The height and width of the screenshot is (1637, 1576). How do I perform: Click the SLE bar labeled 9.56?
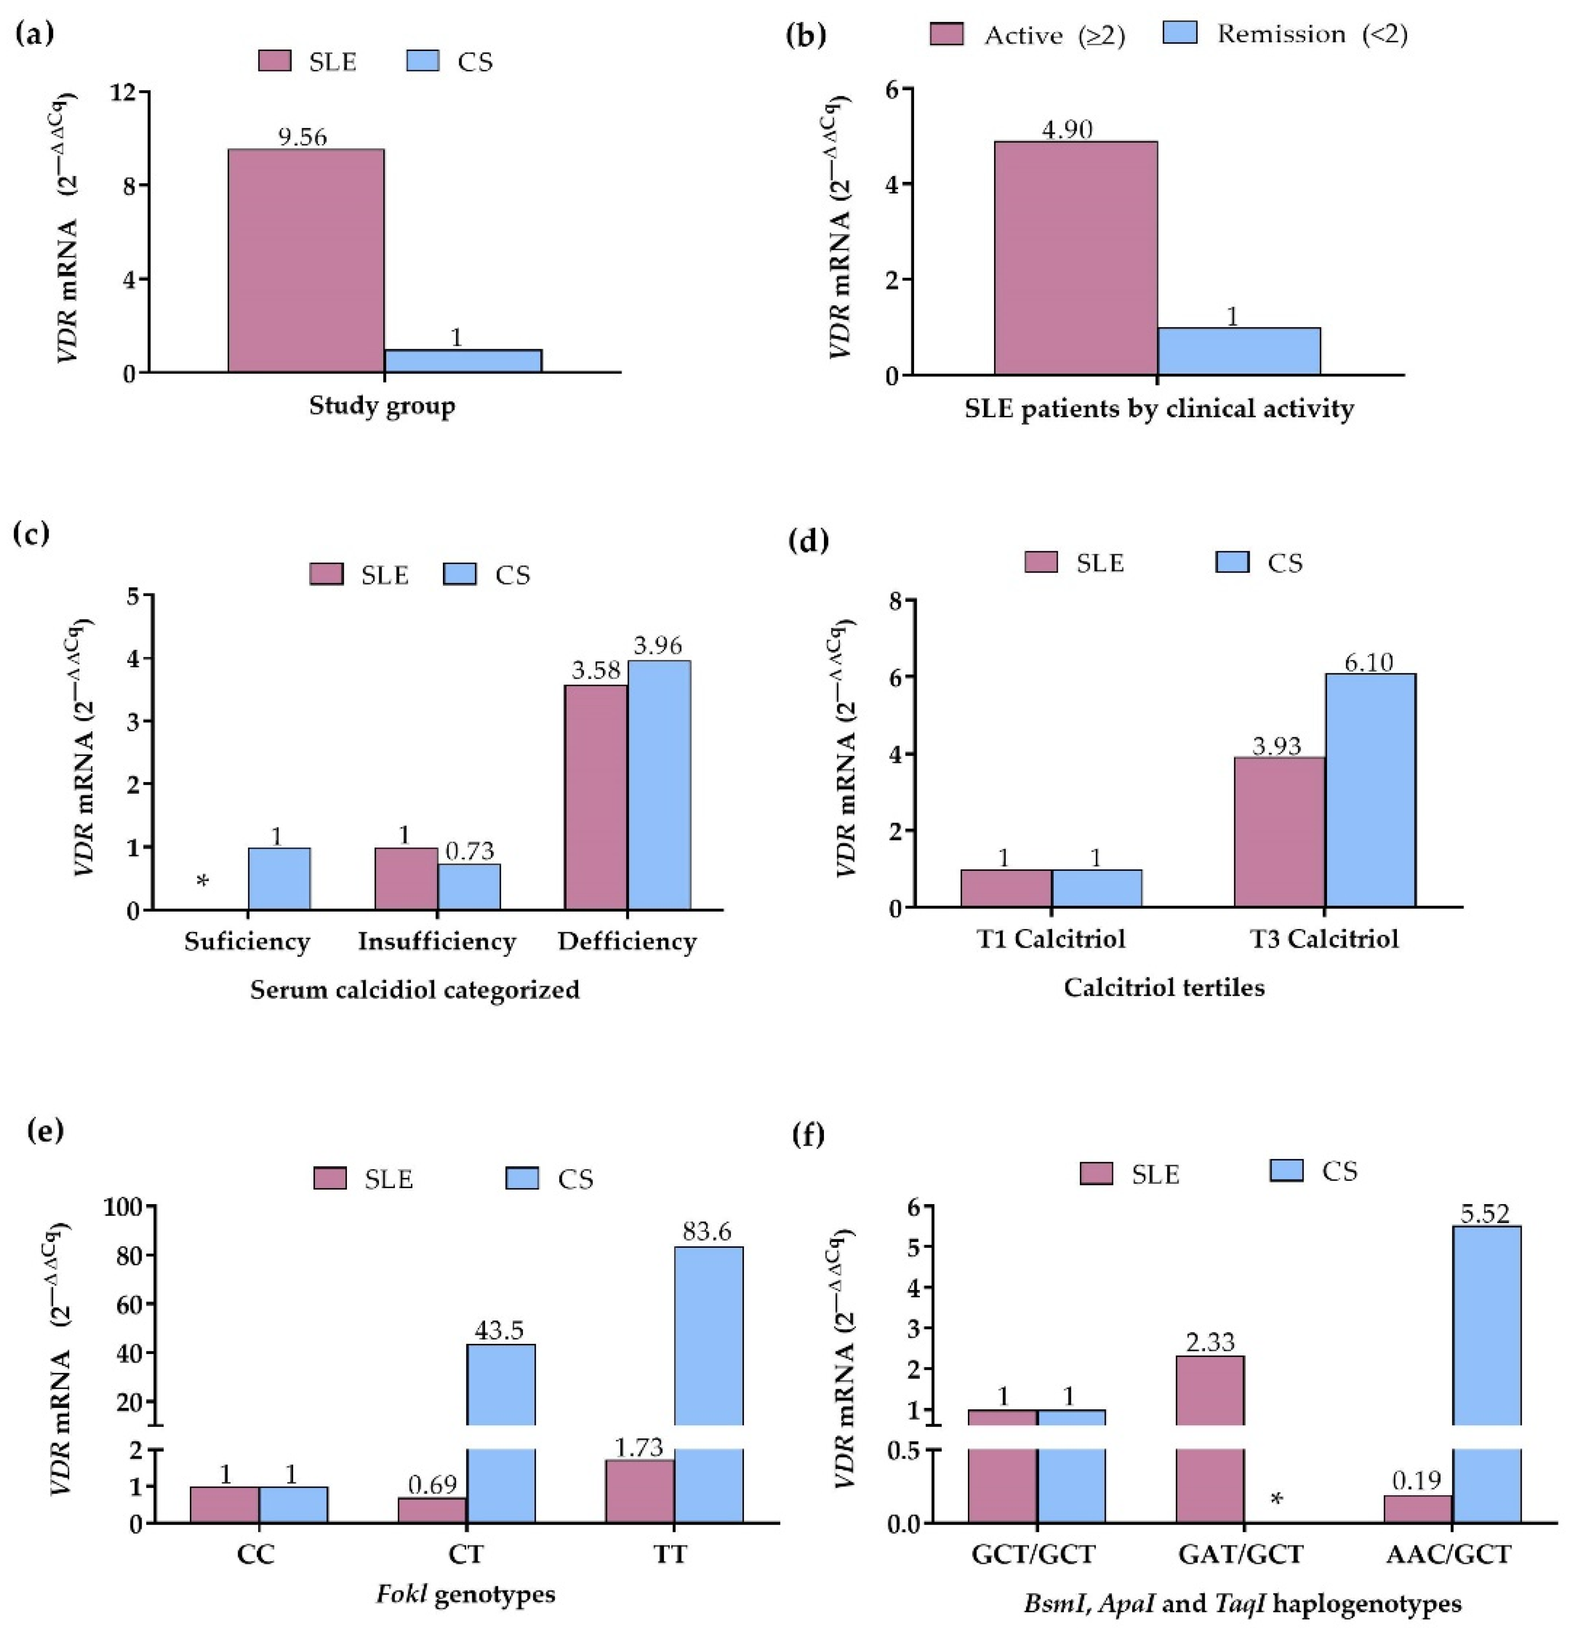(306, 261)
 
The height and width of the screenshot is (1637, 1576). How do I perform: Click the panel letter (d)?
(809, 541)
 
